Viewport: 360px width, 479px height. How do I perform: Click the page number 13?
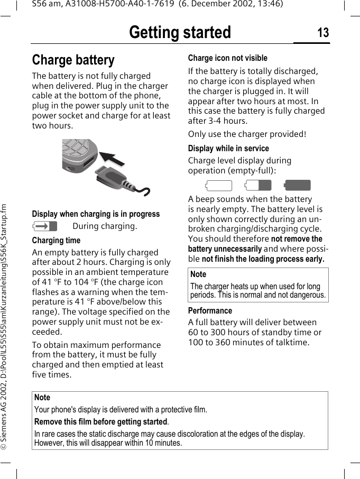322,33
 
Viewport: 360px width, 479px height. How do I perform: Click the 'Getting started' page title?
180,33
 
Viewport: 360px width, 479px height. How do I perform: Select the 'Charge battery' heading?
73,60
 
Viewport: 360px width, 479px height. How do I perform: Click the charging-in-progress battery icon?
45,227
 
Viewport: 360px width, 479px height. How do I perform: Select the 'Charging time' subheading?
56,241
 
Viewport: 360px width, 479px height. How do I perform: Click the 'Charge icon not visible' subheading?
228,58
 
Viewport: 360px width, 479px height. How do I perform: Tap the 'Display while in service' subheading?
228,149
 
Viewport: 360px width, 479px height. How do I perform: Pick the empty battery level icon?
219,186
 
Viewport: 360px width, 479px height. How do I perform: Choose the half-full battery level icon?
258,186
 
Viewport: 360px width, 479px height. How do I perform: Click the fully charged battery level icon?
297,186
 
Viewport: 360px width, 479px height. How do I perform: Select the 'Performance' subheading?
210,311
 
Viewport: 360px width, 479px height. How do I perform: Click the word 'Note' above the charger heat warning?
198,274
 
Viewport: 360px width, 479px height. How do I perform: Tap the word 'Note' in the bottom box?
42,398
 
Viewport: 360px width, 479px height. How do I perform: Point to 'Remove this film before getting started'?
101,422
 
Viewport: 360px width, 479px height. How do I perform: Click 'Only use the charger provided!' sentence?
247,134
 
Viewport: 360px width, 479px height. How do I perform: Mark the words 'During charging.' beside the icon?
105,226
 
